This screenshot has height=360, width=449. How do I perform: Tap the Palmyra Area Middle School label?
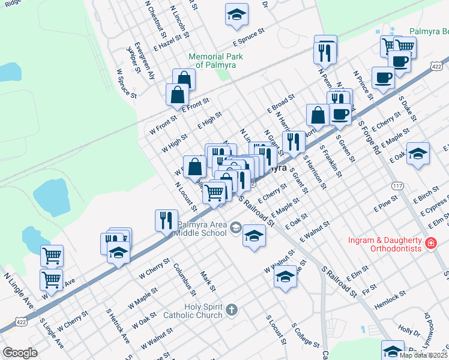coord(201,230)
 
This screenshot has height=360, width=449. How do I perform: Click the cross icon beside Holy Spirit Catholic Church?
coord(232,310)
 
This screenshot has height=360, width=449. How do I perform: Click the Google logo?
coord(20,353)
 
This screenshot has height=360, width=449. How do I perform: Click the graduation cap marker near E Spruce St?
coord(237,14)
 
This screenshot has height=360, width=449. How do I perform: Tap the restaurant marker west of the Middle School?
coord(166,220)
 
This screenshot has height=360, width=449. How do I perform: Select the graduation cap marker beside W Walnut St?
coord(286,277)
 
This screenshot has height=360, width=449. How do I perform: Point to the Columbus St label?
coord(185,279)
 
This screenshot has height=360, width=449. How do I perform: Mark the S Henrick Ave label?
coord(118,326)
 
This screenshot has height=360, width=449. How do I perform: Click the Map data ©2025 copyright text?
coord(423,355)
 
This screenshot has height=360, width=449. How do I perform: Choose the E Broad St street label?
coord(281,103)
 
